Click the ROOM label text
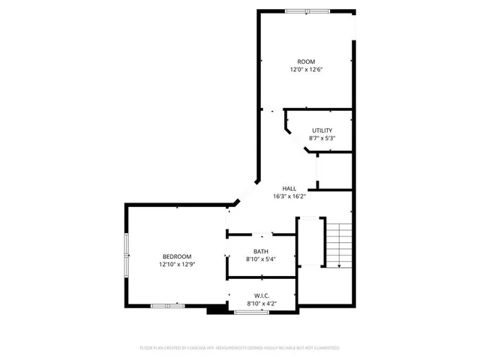pos(306,61)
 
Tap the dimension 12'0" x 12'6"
pos(306,70)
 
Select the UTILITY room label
pos(322,130)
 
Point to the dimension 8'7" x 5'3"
pos(322,139)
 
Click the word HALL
pos(289,188)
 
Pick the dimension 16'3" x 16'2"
pos(289,196)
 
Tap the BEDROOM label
pos(177,256)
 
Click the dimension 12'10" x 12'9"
pos(177,265)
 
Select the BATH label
pos(261,252)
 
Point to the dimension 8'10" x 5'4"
pos(261,259)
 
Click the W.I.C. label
pos(261,295)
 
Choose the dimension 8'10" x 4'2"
pos(261,303)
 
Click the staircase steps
pos(340,244)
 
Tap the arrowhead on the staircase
pos(340,265)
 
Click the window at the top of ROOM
pos(307,10)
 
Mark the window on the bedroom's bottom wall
pos(167,306)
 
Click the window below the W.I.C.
pos(251,311)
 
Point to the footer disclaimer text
pos(239,348)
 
